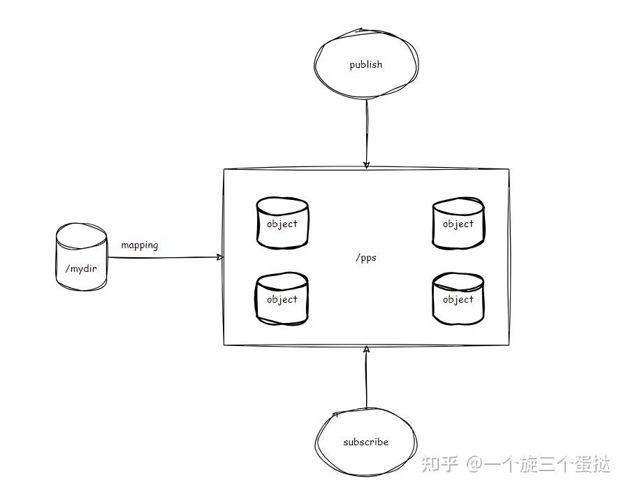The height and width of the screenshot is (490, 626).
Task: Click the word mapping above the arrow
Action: click(140, 245)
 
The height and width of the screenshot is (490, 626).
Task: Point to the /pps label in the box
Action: click(365, 257)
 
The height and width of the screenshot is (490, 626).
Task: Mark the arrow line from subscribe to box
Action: click(365, 381)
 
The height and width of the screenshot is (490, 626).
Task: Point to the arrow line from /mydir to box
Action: click(164, 257)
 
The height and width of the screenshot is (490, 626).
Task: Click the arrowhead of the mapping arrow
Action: click(220, 257)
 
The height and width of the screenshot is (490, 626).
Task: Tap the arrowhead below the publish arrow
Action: click(366, 166)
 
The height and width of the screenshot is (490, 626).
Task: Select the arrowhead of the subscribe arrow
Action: click(365, 348)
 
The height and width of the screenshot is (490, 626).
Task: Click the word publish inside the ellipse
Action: click(366, 65)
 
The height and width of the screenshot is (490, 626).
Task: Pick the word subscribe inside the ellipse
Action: click(365, 442)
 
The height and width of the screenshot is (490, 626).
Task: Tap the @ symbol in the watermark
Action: click(476, 464)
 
